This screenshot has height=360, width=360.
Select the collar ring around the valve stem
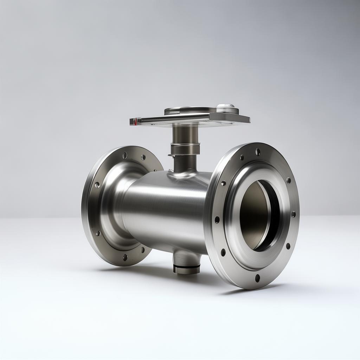tap(185, 148)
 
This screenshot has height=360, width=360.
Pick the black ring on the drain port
tap(187, 269)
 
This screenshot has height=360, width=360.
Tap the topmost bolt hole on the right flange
tap(258, 152)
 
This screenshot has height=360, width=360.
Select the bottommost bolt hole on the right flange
tap(257, 278)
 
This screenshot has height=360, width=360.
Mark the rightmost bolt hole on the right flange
tap(293, 214)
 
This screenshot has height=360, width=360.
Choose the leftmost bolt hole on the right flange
tap(217, 220)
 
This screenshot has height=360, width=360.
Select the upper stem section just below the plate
tap(185, 134)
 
